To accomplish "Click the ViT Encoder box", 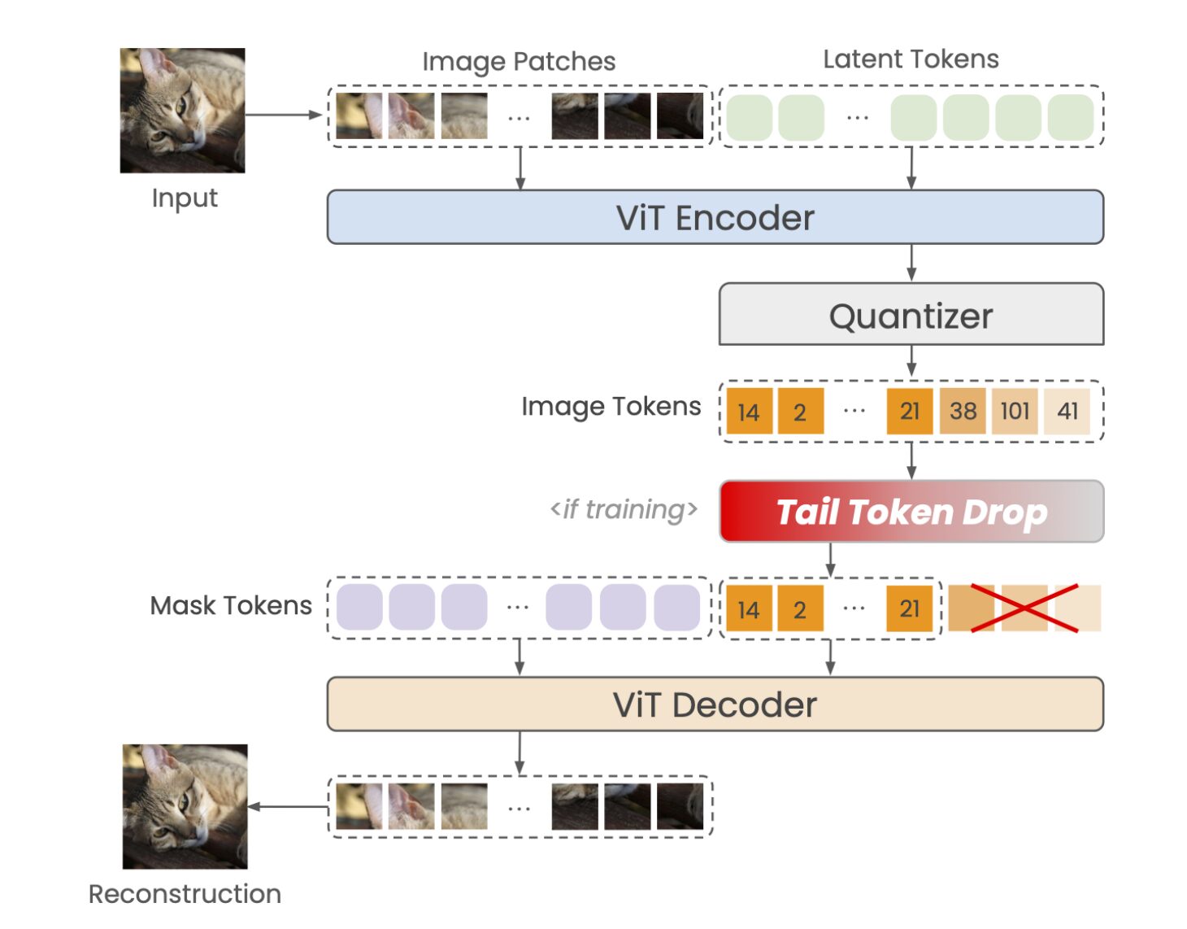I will [715, 217].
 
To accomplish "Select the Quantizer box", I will [911, 315].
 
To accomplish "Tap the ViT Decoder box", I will [715, 704].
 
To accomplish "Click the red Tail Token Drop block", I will [911, 512].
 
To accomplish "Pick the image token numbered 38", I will [963, 411].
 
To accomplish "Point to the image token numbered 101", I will [1015, 411].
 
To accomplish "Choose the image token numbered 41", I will [1067, 411].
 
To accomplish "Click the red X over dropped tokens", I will [1024, 608].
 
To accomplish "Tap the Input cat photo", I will [182, 111].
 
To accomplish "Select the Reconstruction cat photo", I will [185, 806].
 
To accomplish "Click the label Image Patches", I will [519, 62].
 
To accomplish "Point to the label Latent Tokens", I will [911, 59].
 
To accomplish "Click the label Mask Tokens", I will [231, 605].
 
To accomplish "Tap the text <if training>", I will [624, 510].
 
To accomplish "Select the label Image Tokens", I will [611, 406].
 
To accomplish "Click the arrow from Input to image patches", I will [284, 115].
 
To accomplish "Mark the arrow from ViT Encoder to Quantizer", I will [911, 263].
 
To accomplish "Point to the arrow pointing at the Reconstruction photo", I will [288, 807].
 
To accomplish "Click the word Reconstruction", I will [185, 894].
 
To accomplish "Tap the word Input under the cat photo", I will [185, 198].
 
